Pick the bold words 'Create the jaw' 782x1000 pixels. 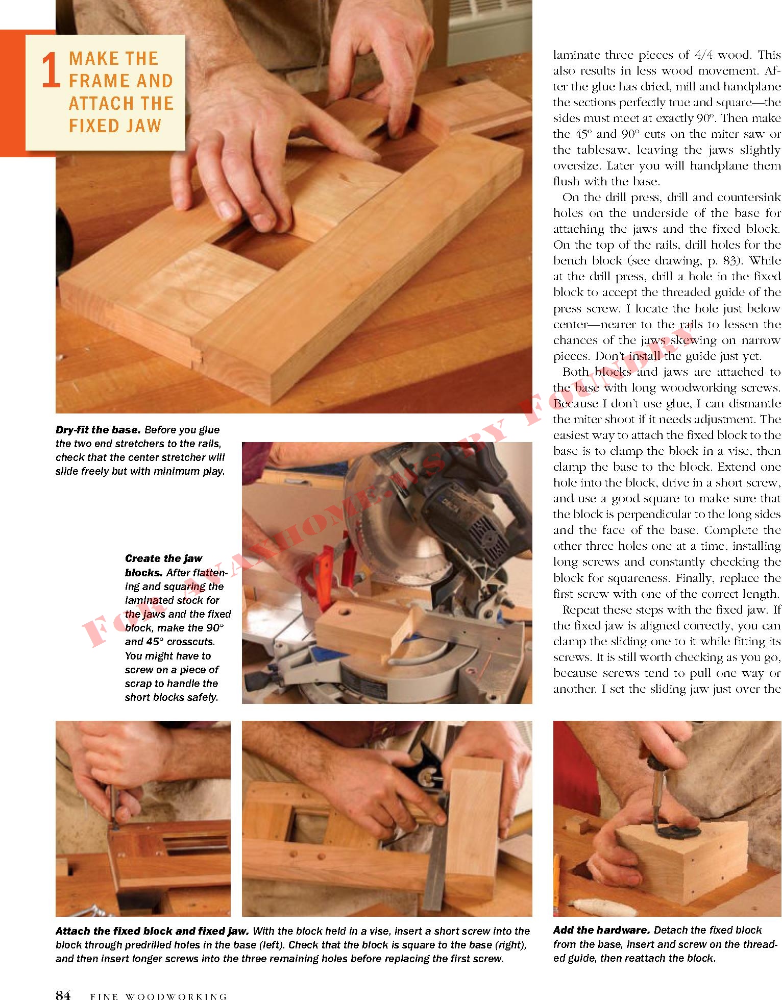(x=163, y=558)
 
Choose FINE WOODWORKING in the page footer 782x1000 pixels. (x=158, y=995)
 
